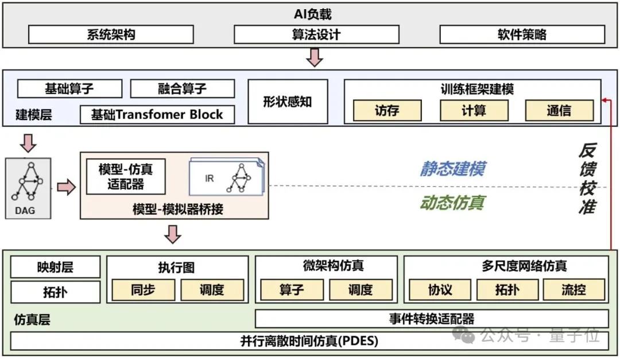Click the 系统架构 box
click(111, 34)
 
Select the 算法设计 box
click(316, 34)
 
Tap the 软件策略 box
click(522, 34)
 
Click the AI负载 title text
click(313, 14)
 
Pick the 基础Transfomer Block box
click(157, 114)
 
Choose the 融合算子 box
click(182, 89)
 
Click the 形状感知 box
click(288, 102)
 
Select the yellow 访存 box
click(387, 110)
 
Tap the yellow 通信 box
click(559, 110)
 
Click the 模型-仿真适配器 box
click(125, 176)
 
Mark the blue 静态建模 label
click(452, 168)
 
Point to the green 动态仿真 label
click(452, 203)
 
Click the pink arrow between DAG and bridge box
click(66, 187)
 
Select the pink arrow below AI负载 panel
click(314, 57)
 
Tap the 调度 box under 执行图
click(212, 290)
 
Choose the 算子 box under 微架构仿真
click(292, 290)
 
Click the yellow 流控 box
click(573, 290)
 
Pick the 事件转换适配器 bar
click(431, 319)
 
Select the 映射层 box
click(55, 267)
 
